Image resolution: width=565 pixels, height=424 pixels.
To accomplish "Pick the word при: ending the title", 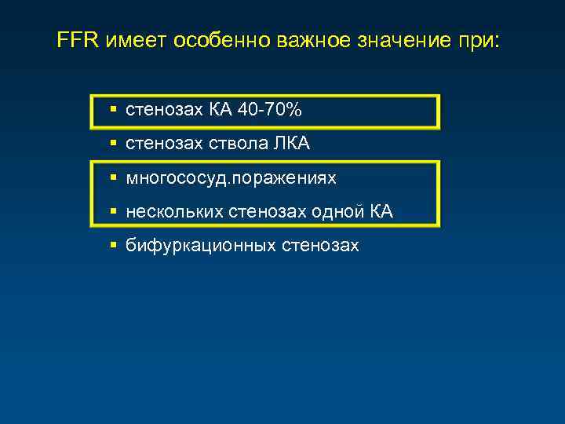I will [x=475, y=41].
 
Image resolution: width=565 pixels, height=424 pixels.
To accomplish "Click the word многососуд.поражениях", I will [x=231, y=178].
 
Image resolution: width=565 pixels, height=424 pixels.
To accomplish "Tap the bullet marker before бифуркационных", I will [x=114, y=246].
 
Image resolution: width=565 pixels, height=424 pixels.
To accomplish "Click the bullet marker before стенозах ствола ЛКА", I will [x=114, y=144].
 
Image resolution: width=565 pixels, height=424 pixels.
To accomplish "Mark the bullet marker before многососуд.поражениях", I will [x=114, y=178].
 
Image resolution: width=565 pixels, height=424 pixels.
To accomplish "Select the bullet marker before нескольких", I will [x=114, y=212].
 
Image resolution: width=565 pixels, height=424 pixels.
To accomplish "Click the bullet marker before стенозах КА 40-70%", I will [x=114, y=111].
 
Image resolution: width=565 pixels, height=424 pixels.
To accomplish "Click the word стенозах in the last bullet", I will [x=323, y=246].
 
